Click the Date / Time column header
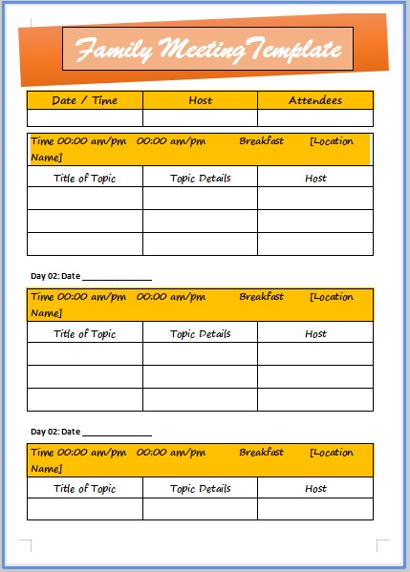pyautogui.click(x=84, y=100)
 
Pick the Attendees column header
pyautogui.click(x=314, y=100)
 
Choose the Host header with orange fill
pyautogui.click(x=201, y=100)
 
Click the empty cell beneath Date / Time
pyautogui.click(x=84, y=118)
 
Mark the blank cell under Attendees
pyautogui.click(x=314, y=118)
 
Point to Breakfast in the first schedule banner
pyautogui.click(x=261, y=141)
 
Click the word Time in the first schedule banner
pyautogui.click(x=42, y=141)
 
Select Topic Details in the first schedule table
pyautogui.click(x=200, y=178)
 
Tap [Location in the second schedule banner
pyautogui.click(x=332, y=297)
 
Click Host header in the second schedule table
pyautogui.click(x=315, y=334)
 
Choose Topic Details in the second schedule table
pyautogui.click(x=200, y=334)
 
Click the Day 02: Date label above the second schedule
pyautogui.click(x=55, y=276)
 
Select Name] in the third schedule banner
pyautogui.click(x=47, y=468)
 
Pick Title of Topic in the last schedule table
pyautogui.click(x=84, y=489)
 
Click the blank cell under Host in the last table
pyautogui.click(x=315, y=509)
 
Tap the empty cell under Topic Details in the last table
pyautogui.click(x=200, y=509)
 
